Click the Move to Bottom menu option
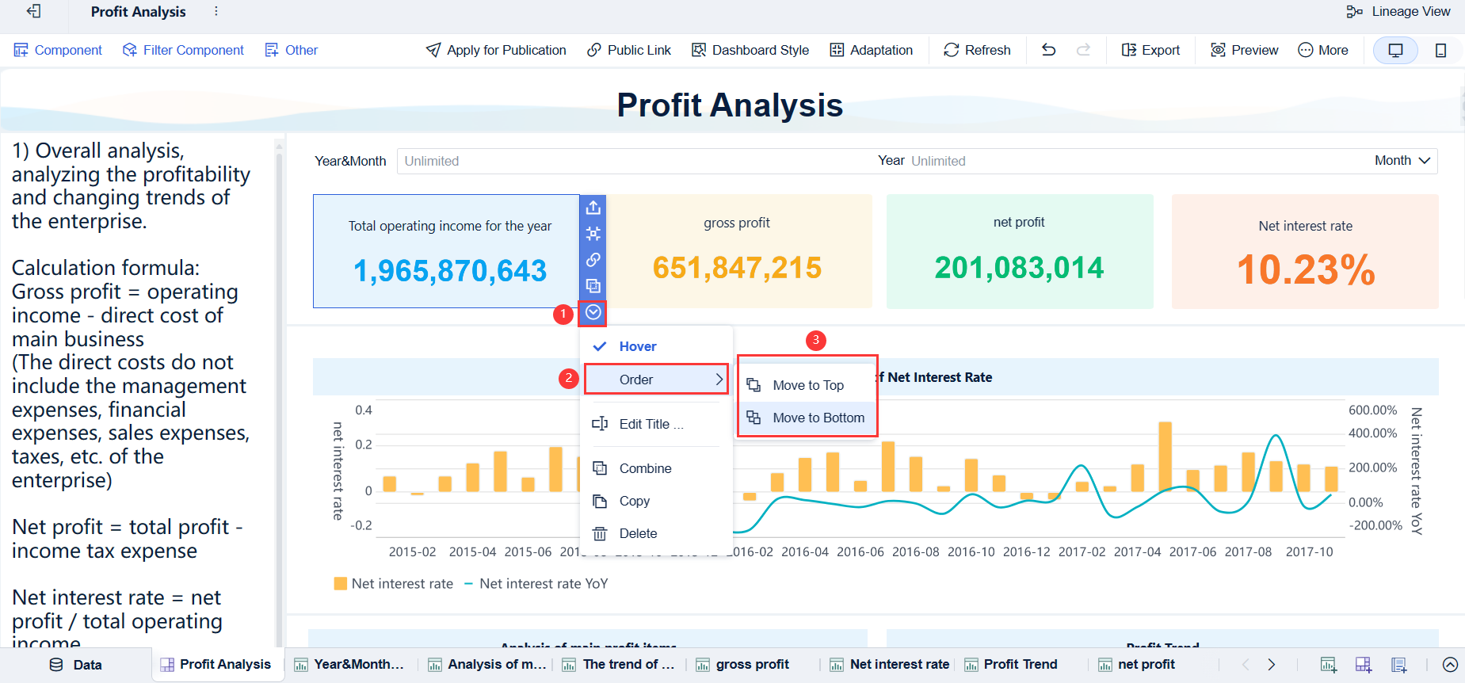(x=818, y=418)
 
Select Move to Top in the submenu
(x=807, y=385)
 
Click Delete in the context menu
(x=638, y=533)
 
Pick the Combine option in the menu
(x=645, y=468)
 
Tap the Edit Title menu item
(x=650, y=424)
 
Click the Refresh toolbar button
(x=977, y=50)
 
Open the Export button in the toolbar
(x=1150, y=50)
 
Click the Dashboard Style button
(x=750, y=50)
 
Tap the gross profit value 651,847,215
(x=737, y=268)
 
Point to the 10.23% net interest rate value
(x=1305, y=269)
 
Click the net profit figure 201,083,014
(x=1019, y=268)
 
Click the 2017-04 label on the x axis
(x=1137, y=551)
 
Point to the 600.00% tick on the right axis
(x=1372, y=410)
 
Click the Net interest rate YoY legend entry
(x=543, y=584)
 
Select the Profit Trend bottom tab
(x=1020, y=664)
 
